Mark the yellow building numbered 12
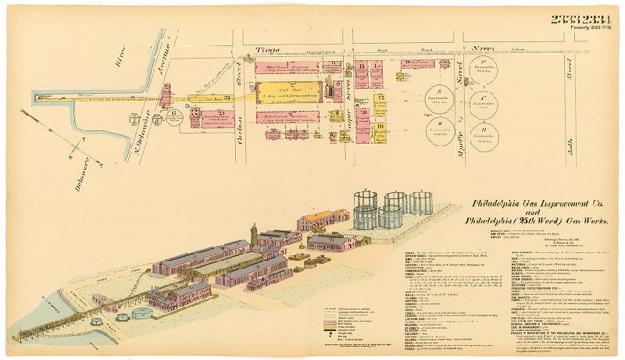380,99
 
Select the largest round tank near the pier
142,313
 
